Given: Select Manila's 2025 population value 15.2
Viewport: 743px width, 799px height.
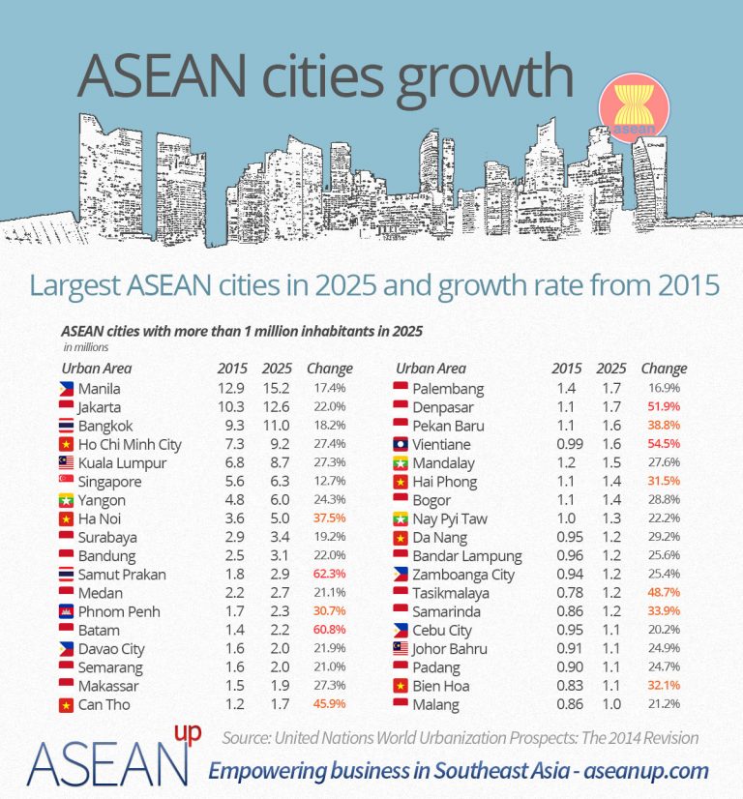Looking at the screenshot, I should point(276,389).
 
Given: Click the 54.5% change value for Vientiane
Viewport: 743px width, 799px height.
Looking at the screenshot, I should point(663,445).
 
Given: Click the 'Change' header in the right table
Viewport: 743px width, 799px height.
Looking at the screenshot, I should point(664,369).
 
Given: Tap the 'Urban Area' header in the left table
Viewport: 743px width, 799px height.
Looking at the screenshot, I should point(97,369).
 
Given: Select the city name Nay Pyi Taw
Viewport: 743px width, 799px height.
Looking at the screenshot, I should point(450,518).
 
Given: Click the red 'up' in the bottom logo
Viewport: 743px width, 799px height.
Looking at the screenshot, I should point(189,734).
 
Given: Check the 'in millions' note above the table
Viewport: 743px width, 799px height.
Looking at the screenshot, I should point(86,346).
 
